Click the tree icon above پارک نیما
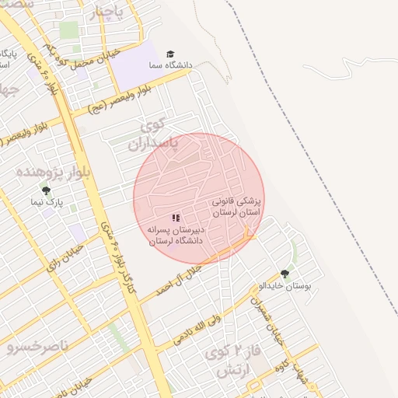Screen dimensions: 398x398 46,189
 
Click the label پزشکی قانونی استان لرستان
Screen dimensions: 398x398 237,205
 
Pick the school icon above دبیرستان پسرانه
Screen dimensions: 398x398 176,218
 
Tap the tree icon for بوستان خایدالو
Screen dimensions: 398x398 285,274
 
